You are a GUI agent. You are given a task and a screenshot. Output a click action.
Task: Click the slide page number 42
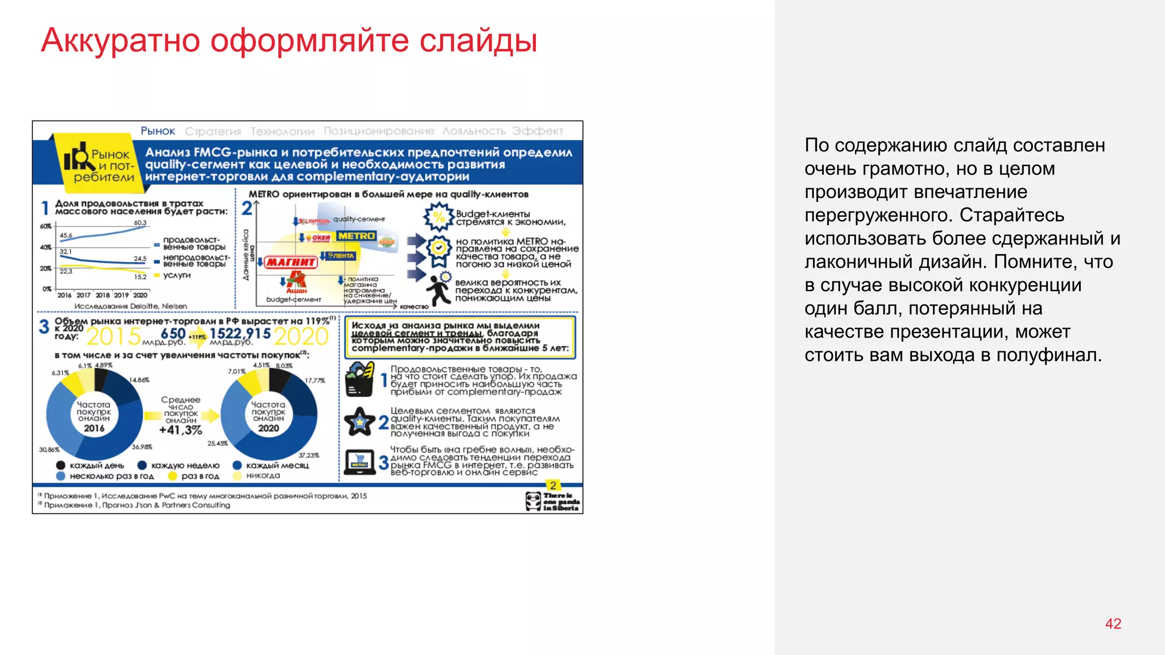1113,624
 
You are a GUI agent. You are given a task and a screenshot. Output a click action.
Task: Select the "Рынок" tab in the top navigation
158,131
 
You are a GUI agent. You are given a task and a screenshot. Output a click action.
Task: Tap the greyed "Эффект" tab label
537,131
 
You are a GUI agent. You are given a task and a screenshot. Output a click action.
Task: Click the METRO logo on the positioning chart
356,236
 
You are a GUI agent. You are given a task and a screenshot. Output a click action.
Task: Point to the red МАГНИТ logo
290,262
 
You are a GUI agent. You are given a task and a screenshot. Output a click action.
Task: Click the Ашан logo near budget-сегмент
296,282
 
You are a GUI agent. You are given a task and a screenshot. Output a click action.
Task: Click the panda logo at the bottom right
534,501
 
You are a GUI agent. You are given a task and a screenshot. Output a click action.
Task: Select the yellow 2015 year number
113,337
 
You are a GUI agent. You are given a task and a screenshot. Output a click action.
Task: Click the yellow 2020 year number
300,337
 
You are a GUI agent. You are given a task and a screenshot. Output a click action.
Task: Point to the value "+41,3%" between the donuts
180,430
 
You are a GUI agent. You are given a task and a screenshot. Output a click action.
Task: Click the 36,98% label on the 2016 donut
142,447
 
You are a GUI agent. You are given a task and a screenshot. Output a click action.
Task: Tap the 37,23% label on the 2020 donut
309,455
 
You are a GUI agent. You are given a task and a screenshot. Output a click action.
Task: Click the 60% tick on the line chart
46,226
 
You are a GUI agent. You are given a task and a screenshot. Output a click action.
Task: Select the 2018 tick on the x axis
102,295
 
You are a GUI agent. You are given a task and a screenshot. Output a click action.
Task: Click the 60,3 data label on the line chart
140,222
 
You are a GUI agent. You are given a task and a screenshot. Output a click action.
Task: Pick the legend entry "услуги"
177,275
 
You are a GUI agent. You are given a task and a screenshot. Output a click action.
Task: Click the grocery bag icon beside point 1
360,379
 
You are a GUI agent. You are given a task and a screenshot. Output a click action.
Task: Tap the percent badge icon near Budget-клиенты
439,217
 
